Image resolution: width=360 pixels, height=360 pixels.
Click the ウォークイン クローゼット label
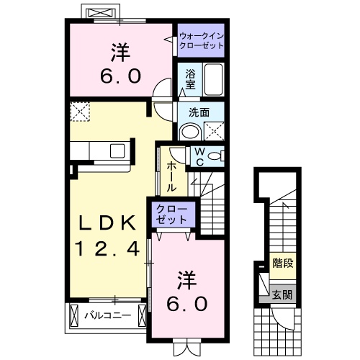click(202, 39)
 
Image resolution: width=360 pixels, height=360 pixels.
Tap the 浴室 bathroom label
click(190, 78)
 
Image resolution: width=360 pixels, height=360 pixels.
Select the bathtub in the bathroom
click(213, 78)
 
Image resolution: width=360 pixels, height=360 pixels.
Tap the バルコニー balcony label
click(107, 315)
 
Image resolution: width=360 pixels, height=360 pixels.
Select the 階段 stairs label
click(282, 264)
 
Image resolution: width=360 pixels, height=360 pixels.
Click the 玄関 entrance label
click(282, 294)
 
